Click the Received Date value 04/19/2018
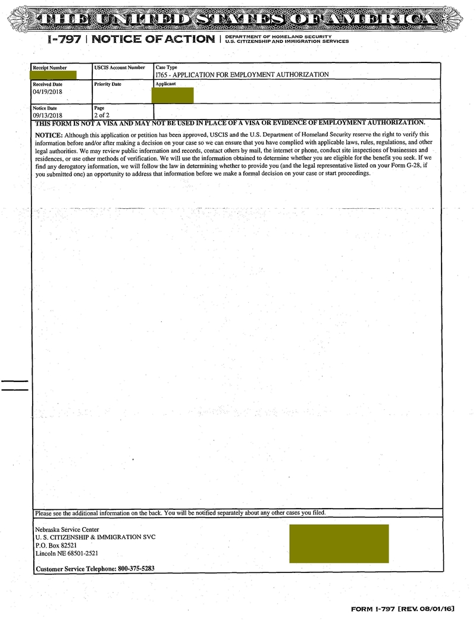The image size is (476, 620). tap(47, 92)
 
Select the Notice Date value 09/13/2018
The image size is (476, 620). tap(47, 114)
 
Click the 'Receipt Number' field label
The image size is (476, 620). tap(49, 68)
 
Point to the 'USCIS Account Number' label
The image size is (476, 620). tap(119, 68)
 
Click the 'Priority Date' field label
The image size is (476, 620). tap(107, 84)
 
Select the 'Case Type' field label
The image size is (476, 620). tap(166, 68)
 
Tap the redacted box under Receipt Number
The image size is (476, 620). tap(55, 76)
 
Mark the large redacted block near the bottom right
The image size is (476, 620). tap(339, 543)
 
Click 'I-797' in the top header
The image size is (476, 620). tap(64, 39)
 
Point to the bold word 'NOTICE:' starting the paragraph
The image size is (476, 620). tap(49, 135)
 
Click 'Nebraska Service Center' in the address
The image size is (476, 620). tap(67, 530)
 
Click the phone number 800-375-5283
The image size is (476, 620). tap(136, 568)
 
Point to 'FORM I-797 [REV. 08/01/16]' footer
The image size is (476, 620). tap(403, 609)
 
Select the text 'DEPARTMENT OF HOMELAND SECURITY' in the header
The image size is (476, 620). tap(270, 37)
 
